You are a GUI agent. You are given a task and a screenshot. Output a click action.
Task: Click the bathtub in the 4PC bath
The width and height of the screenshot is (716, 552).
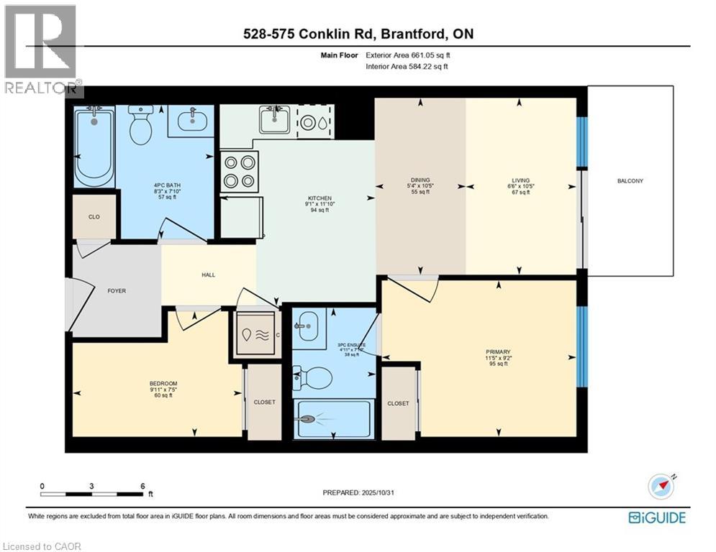(95, 145)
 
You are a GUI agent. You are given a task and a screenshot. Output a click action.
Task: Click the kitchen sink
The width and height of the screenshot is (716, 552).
(274, 120)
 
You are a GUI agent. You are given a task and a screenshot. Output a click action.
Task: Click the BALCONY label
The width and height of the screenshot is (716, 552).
(630, 180)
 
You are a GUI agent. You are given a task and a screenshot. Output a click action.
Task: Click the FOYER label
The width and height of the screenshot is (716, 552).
(117, 291)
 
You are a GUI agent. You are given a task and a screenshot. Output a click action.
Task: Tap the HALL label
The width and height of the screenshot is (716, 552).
(209, 275)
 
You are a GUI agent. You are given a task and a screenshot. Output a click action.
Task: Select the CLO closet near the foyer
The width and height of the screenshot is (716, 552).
(94, 215)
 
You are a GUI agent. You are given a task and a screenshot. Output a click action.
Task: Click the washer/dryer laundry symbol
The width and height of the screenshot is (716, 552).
(255, 335)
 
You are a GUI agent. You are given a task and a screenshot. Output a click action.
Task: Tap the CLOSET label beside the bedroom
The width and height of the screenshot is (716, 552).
(264, 402)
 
